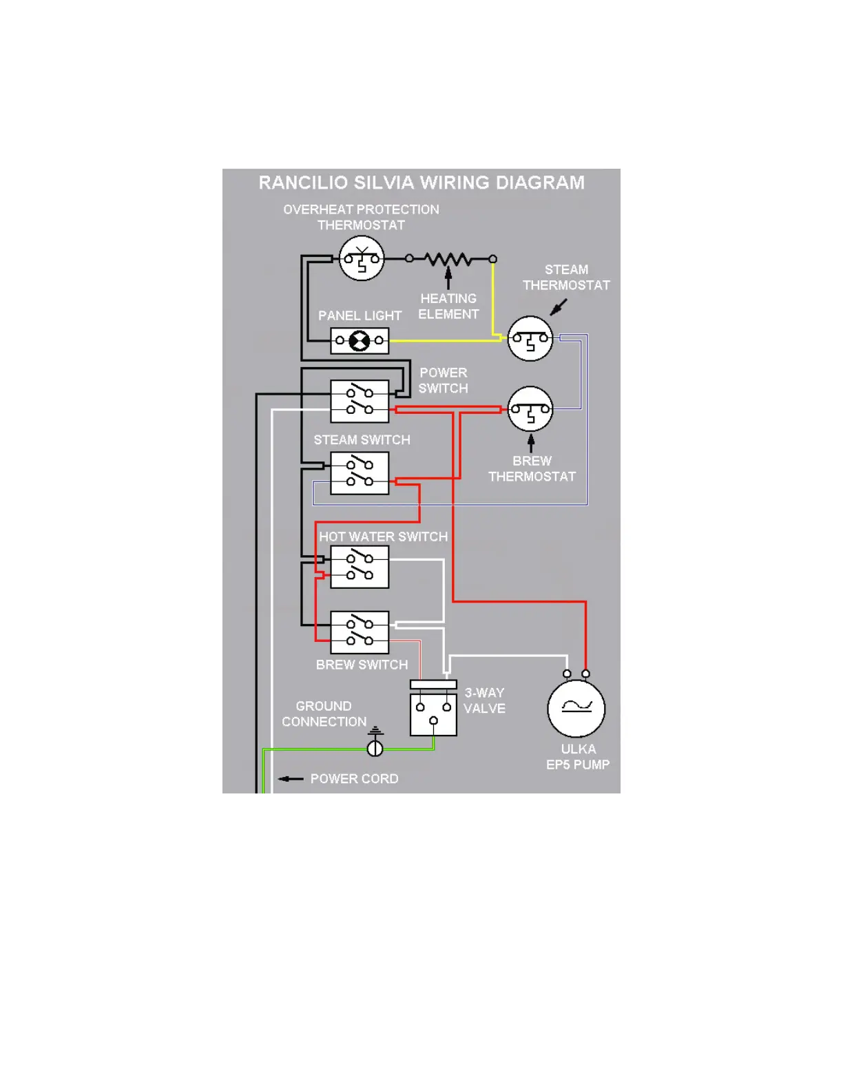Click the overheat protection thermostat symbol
click(362, 259)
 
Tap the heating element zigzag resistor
click(448, 260)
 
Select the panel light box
click(360, 340)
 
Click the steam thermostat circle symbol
click(530, 338)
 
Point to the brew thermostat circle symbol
click(530, 409)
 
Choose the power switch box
click(360, 402)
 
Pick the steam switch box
click(360, 473)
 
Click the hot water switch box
click(360, 567)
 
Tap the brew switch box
click(360, 632)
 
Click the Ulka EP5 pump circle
click(576, 709)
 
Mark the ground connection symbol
click(375, 744)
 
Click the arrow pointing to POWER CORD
click(291, 779)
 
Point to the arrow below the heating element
click(448, 278)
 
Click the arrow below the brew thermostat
click(531, 443)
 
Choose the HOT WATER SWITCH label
click(383, 537)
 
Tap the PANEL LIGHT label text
click(360, 315)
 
